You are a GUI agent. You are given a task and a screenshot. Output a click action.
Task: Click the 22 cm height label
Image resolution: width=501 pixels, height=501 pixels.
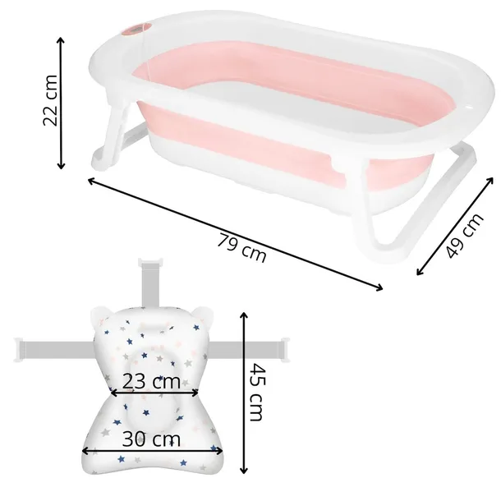(x=50, y=100)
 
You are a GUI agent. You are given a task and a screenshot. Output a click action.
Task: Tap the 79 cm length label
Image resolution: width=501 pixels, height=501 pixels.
(x=241, y=247)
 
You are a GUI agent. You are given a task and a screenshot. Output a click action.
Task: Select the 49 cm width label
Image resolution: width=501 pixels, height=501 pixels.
(x=464, y=236)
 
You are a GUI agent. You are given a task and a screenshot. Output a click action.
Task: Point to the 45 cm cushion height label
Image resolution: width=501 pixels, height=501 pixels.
(x=257, y=392)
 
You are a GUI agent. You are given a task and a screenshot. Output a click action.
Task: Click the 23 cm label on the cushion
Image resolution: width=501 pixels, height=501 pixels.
(x=151, y=381)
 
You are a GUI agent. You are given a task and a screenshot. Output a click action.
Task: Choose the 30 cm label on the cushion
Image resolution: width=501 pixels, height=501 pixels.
(x=151, y=439)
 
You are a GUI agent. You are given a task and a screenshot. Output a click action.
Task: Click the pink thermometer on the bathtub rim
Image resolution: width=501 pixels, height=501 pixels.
(x=136, y=31)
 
